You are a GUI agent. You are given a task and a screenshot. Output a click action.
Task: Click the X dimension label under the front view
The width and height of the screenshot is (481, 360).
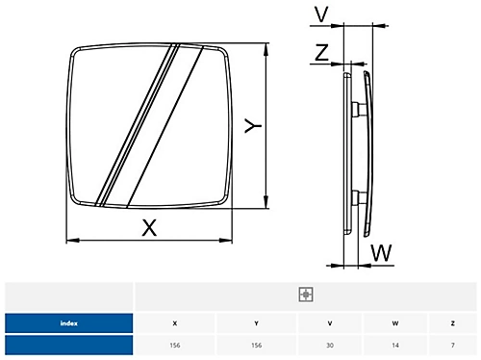tap(148, 228)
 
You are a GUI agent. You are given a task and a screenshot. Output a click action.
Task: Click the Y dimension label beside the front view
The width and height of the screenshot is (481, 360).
tap(251, 126)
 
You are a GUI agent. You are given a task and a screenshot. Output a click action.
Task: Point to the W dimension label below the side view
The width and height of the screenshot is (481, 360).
tap(382, 253)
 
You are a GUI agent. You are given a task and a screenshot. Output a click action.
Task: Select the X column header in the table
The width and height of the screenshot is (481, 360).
tap(174, 322)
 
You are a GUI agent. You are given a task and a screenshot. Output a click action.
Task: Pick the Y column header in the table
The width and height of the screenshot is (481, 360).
tap(256, 322)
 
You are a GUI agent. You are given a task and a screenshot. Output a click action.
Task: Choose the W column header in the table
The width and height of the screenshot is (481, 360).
tap(394, 322)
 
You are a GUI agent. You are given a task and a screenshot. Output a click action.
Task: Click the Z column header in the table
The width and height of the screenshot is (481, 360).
tap(453, 322)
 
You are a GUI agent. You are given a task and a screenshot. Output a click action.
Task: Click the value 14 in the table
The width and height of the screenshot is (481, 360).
tap(394, 345)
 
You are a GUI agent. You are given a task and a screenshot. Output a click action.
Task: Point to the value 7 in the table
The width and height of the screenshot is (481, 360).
tap(453, 345)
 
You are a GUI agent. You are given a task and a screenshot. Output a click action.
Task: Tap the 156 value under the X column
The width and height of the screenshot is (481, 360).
tap(174, 345)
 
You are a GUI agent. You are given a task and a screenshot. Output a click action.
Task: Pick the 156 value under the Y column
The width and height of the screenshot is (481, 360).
tap(256, 345)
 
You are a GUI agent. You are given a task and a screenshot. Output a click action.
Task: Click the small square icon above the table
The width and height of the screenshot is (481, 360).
tap(306, 295)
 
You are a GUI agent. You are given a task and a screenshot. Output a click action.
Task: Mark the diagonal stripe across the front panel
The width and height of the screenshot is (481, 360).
tap(141, 123)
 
